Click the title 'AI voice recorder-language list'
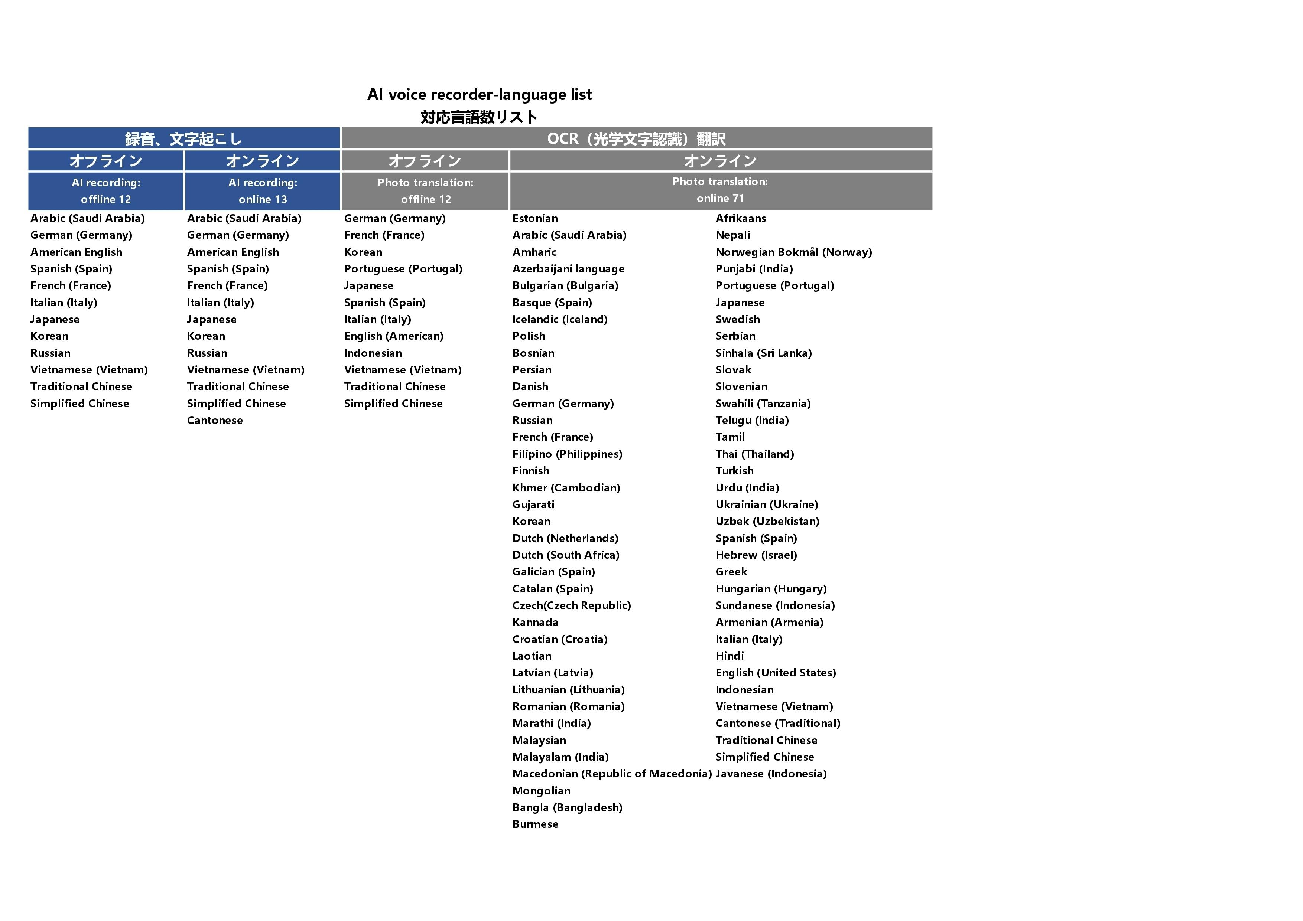[x=479, y=94]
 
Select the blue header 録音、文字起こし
[x=184, y=138]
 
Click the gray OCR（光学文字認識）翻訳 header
[x=636, y=138]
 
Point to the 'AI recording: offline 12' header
[x=106, y=191]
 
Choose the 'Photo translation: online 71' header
[x=720, y=190]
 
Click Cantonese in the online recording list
[x=215, y=420]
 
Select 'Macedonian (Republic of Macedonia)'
[x=612, y=774]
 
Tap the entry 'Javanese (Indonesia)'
[x=771, y=774]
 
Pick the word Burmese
[x=535, y=824]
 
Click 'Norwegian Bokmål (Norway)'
[x=793, y=252]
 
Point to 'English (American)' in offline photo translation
[x=393, y=336]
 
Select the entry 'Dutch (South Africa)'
[x=565, y=555]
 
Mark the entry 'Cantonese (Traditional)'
[x=777, y=723]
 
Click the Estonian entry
[x=534, y=218]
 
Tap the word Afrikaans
[x=741, y=218]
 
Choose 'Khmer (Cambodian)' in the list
[x=566, y=488]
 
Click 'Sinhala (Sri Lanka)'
[x=763, y=353]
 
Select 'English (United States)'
[x=775, y=673]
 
